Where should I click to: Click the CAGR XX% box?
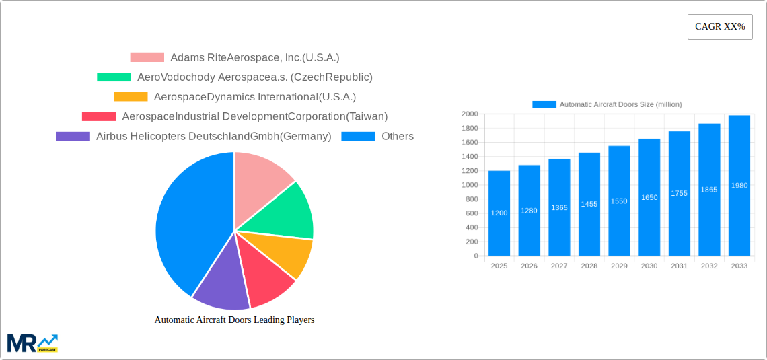pos(719,27)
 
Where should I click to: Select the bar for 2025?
pos(499,213)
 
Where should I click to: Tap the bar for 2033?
pos(739,186)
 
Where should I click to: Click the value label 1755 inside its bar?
pos(679,193)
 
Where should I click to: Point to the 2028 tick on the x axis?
pos(589,266)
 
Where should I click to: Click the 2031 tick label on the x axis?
pos(679,266)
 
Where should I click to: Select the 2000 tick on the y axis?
pos(468,114)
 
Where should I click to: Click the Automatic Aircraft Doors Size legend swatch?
pos(544,104)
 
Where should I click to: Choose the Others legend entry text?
pos(398,136)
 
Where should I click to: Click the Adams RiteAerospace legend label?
pos(254,57)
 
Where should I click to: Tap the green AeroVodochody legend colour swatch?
pos(114,77)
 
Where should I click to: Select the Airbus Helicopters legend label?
pos(213,136)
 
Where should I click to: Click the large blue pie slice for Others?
pos(188,222)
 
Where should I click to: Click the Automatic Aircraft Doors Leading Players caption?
pos(234,320)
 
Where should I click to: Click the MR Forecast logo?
pos(32,343)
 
